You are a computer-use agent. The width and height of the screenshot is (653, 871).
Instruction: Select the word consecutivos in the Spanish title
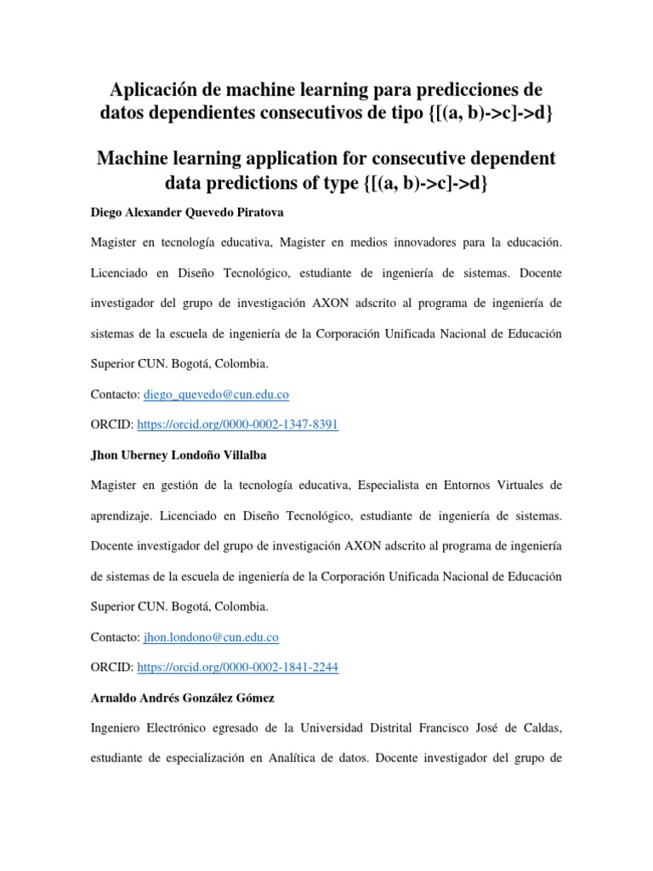[x=361, y=113]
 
